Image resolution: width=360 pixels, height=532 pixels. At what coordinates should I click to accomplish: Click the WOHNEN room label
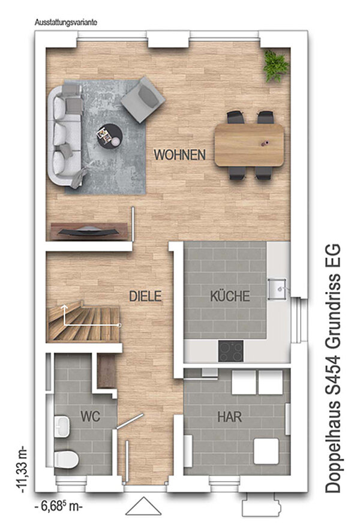coord(179,155)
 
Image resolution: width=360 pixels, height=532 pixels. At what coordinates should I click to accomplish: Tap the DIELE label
coord(145,296)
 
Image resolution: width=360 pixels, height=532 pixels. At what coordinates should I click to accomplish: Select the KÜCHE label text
coord(230,296)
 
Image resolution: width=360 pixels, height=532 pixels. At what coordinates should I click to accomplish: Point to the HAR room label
coord(230,417)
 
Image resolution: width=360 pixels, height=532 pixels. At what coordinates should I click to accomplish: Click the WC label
coord(90,416)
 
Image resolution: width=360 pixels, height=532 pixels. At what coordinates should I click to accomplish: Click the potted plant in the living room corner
coord(276,66)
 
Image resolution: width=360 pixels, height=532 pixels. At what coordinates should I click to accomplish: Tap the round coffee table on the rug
coord(109,136)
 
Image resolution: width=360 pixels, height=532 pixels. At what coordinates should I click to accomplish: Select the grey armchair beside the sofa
coord(143,100)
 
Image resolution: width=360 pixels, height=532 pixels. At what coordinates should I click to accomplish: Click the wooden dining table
coord(250,145)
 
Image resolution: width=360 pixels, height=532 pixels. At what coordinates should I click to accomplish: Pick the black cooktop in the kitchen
coord(231,351)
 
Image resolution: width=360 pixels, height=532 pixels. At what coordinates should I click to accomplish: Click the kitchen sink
coord(278,289)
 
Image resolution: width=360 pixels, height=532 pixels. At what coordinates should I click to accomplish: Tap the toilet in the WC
coord(66,459)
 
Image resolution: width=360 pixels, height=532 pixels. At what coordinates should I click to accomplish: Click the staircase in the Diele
coord(83,321)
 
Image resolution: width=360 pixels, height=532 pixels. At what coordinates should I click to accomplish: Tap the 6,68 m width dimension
coord(59,507)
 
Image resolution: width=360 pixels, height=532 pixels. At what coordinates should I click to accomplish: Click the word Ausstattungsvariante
coord(66,23)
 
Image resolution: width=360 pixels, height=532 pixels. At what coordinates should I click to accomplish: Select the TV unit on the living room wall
coord(89,232)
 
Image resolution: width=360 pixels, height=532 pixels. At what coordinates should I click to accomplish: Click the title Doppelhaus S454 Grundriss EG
coord(333,368)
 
